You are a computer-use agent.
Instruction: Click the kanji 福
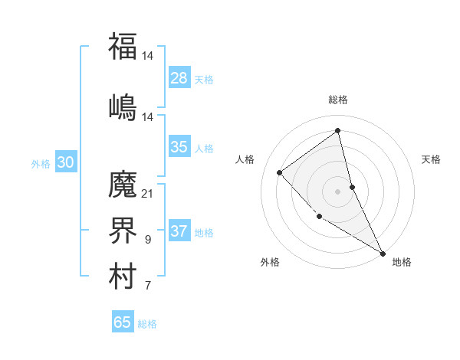[123, 46]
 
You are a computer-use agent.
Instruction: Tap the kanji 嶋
[123, 106]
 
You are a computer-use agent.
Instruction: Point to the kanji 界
[123, 231]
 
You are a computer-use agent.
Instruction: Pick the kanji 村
[123, 278]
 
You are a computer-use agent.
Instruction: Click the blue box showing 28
[179, 78]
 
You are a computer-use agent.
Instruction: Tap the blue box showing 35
[179, 147]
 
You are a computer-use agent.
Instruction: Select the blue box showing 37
[179, 231]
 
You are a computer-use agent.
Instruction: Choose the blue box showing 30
[66, 162]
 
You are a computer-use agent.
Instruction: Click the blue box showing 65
[123, 322]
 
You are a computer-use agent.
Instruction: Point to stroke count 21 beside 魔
[147, 193]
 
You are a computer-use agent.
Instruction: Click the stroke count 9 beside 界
[147, 241]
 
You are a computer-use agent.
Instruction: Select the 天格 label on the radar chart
[431, 159]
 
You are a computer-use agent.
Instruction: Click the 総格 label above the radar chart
[338, 100]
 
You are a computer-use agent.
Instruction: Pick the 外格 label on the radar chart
[270, 262]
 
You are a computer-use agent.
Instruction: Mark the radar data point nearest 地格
[383, 253]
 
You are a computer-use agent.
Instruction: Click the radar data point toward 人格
[280, 172]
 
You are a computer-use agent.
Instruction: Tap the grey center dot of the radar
[338, 191]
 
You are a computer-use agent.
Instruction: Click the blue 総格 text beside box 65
[147, 324]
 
